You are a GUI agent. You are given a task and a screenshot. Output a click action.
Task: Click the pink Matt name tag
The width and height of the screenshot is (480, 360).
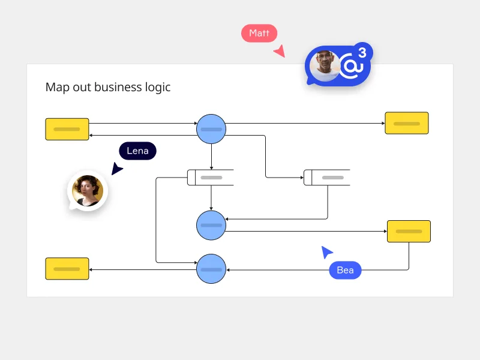tap(259, 34)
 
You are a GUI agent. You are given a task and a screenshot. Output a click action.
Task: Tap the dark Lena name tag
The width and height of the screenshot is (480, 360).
tap(137, 151)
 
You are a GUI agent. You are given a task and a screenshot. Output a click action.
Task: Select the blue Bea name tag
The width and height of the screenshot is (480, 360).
tap(345, 270)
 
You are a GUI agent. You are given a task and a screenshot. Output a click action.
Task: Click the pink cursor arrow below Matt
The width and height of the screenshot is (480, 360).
tap(279, 52)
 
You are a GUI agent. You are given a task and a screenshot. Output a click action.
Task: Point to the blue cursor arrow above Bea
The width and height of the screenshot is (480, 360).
tap(326, 252)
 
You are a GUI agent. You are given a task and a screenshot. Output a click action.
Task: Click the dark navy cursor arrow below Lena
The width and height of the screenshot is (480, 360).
tap(116, 170)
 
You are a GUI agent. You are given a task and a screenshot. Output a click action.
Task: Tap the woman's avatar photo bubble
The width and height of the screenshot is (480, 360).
tap(88, 191)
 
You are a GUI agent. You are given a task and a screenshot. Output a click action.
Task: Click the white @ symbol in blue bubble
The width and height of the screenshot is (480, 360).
tap(350, 67)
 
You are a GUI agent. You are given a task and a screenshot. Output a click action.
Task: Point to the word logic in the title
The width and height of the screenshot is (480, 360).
tap(157, 88)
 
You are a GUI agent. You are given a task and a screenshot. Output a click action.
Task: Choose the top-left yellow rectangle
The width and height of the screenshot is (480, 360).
tap(67, 129)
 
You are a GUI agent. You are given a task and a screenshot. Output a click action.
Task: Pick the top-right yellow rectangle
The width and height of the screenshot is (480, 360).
tap(407, 123)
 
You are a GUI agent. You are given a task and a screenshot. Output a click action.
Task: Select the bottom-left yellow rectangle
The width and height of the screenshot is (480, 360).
tap(67, 268)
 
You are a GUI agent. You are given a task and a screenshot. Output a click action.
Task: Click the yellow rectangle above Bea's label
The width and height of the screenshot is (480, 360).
tap(409, 231)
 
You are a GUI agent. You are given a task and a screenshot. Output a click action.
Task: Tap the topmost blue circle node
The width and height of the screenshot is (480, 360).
tap(211, 128)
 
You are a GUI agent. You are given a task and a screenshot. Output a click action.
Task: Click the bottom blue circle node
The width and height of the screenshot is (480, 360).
tap(211, 269)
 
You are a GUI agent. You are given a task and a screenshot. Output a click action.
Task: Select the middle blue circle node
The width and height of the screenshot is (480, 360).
tap(211, 224)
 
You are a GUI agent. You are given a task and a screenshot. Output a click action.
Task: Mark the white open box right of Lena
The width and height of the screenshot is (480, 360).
tap(210, 178)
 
